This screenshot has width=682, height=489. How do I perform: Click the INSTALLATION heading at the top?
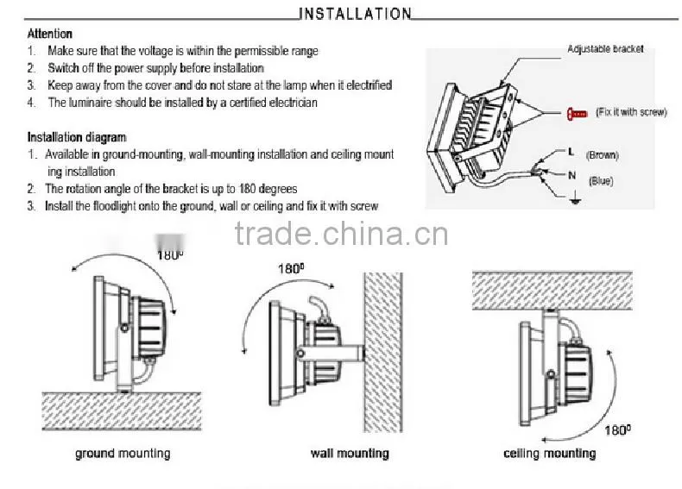pyautogui.click(x=355, y=14)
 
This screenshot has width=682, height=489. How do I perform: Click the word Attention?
pyautogui.click(x=49, y=34)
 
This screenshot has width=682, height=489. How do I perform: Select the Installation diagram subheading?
pyautogui.click(x=77, y=137)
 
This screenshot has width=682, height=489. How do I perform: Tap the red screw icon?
pyautogui.click(x=577, y=114)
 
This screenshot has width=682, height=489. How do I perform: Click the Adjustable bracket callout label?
pyautogui.click(x=605, y=48)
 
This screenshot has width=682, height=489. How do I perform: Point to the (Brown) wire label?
pyautogui.click(x=603, y=154)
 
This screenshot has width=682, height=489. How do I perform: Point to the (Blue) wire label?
pyautogui.click(x=601, y=181)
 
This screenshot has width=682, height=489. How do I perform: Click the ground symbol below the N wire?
pyautogui.click(x=575, y=198)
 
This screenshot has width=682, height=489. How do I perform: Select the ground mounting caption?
pyautogui.click(x=123, y=454)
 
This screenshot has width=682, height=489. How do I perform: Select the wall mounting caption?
pyautogui.click(x=350, y=454)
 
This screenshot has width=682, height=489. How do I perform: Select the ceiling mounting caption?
pyautogui.click(x=549, y=454)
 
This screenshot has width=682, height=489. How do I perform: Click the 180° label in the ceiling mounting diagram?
pyautogui.click(x=617, y=430)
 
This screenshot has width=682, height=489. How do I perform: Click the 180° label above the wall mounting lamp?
pyautogui.click(x=291, y=268)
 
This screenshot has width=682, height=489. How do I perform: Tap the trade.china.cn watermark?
pyautogui.click(x=342, y=234)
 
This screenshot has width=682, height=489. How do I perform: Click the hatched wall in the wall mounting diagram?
pyautogui.click(x=383, y=353)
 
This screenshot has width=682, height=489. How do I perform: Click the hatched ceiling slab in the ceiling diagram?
pyautogui.click(x=553, y=291)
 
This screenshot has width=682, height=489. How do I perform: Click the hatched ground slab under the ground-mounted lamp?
pyautogui.click(x=122, y=411)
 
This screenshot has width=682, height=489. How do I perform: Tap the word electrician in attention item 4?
pyautogui.click(x=294, y=103)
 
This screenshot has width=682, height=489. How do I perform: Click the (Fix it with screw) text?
pyautogui.click(x=631, y=112)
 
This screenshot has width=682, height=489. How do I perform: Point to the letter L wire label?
pyautogui.click(x=571, y=152)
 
